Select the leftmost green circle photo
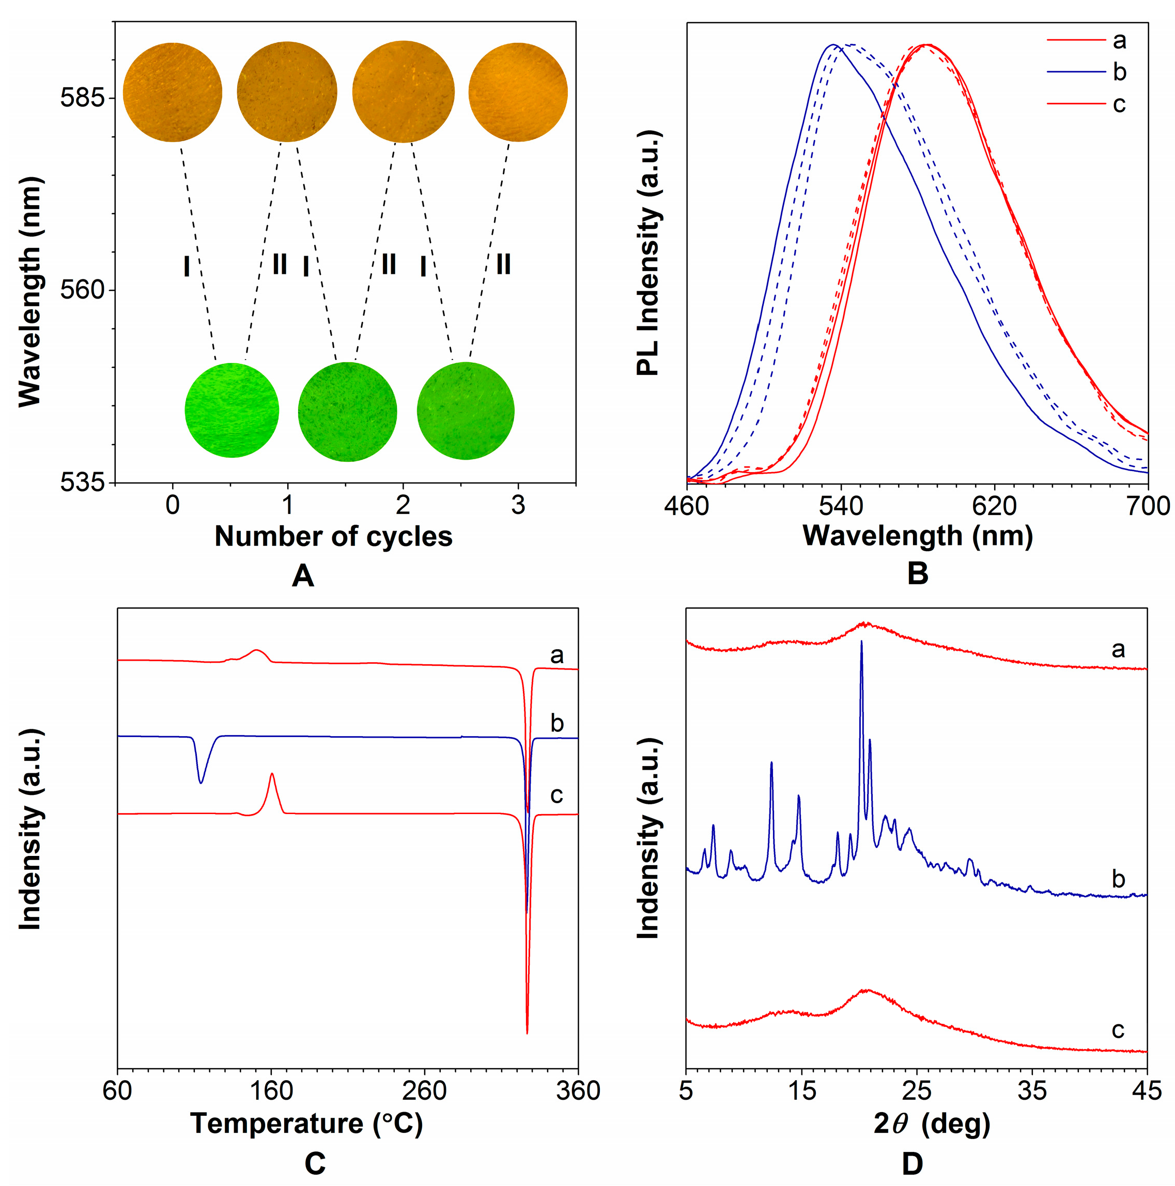[x=231, y=410]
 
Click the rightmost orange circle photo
[x=518, y=92]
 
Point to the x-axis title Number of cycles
[x=333, y=537]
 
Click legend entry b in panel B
[x=1119, y=72]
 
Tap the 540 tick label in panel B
[x=840, y=506]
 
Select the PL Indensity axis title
[x=647, y=253]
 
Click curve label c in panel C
[x=556, y=795]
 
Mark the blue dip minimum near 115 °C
[x=201, y=782]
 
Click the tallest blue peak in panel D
[x=861, y=642]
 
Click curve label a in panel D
[x=1118, y=649]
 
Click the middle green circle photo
[x=347, y=411]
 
